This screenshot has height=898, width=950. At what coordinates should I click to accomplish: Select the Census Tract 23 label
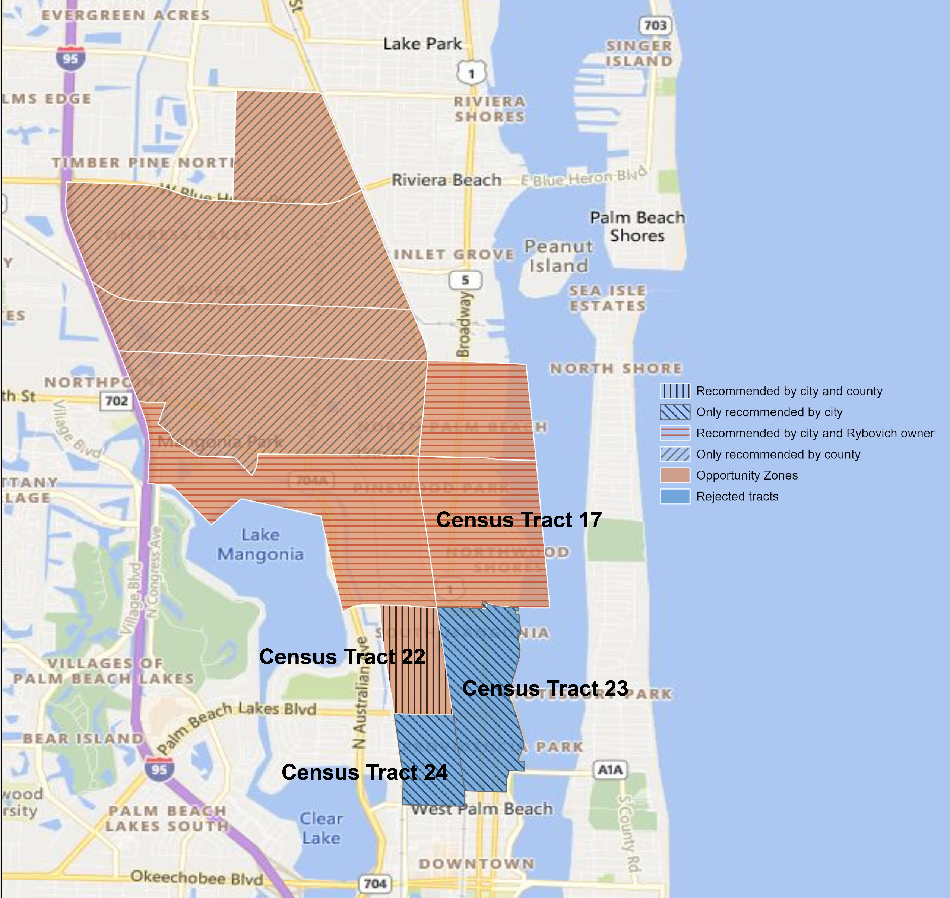pos(545,688)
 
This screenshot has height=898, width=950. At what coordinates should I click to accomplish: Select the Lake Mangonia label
pos(260,544)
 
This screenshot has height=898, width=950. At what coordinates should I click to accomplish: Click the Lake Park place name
pos(422,44)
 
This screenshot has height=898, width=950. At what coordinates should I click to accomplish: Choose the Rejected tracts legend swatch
pos(675,496)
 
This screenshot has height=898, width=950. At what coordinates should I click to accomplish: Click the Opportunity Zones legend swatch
pos(675,475)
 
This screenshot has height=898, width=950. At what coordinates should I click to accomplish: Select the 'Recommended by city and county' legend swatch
pos(675,391)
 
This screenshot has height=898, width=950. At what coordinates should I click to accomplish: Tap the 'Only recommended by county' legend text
pos(778,454)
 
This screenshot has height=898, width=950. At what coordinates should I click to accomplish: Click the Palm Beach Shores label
pos(637,226)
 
